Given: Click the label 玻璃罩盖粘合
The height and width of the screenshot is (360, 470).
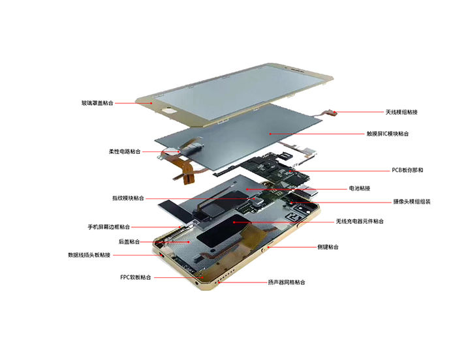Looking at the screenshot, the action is [97, 103].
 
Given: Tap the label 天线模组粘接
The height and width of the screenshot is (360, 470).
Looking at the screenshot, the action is [401, 112].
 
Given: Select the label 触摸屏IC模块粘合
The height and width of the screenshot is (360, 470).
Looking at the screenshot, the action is [387, 134].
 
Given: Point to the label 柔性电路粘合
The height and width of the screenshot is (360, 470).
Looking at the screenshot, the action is [125, 151].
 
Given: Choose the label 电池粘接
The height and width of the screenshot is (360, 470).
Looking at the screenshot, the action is [360, 188].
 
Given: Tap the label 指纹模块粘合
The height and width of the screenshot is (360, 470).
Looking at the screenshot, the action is [128, 198].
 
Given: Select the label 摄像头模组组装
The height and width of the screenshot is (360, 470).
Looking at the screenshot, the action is [412, 202].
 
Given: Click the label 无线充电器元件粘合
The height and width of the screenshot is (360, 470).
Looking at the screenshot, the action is [360, 221].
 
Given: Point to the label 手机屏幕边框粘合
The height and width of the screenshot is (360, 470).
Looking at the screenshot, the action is [109, 227].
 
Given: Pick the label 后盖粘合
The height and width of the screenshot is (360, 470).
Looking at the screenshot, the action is [129, 242].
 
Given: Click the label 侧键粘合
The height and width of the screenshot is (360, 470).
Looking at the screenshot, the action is [328, 247].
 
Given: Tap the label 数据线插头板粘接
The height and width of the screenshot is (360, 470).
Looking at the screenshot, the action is [89, 255].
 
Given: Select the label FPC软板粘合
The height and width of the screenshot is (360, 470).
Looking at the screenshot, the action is [136, 277].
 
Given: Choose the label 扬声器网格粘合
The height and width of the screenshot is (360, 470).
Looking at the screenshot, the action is [287, 282].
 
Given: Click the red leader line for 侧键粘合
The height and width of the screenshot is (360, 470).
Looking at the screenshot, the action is [292, 247].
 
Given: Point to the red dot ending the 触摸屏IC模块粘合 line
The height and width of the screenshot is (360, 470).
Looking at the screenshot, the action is [270, 134].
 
